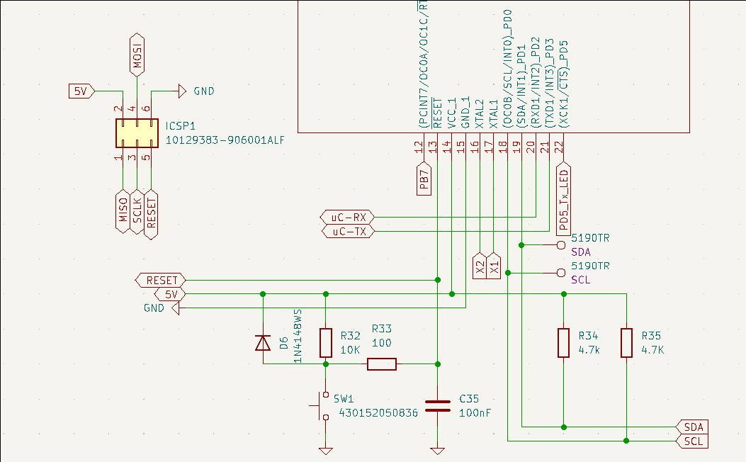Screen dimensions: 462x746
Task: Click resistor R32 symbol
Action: (325, 342)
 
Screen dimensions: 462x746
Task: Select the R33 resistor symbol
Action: (381, 364)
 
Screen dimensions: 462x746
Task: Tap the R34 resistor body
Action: (563, 342)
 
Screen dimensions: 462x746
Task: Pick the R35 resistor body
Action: (626, 342)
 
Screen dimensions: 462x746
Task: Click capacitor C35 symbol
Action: (437, 406)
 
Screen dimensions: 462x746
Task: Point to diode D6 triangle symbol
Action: (263, 343)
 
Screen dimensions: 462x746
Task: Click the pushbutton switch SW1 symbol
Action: (321, 406)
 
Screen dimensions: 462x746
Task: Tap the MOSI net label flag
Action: (137, 53)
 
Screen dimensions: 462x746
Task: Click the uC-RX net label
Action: (347, 217)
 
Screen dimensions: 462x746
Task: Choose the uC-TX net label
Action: (347, 231)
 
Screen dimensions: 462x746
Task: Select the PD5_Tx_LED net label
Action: (564, 201)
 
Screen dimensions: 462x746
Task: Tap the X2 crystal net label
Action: (480, 266)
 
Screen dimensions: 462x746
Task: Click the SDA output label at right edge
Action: (693, 427)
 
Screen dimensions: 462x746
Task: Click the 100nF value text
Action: (476, 412)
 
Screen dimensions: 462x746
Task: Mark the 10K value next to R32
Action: (350, 349)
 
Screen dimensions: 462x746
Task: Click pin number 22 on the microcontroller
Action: (559, 147)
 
